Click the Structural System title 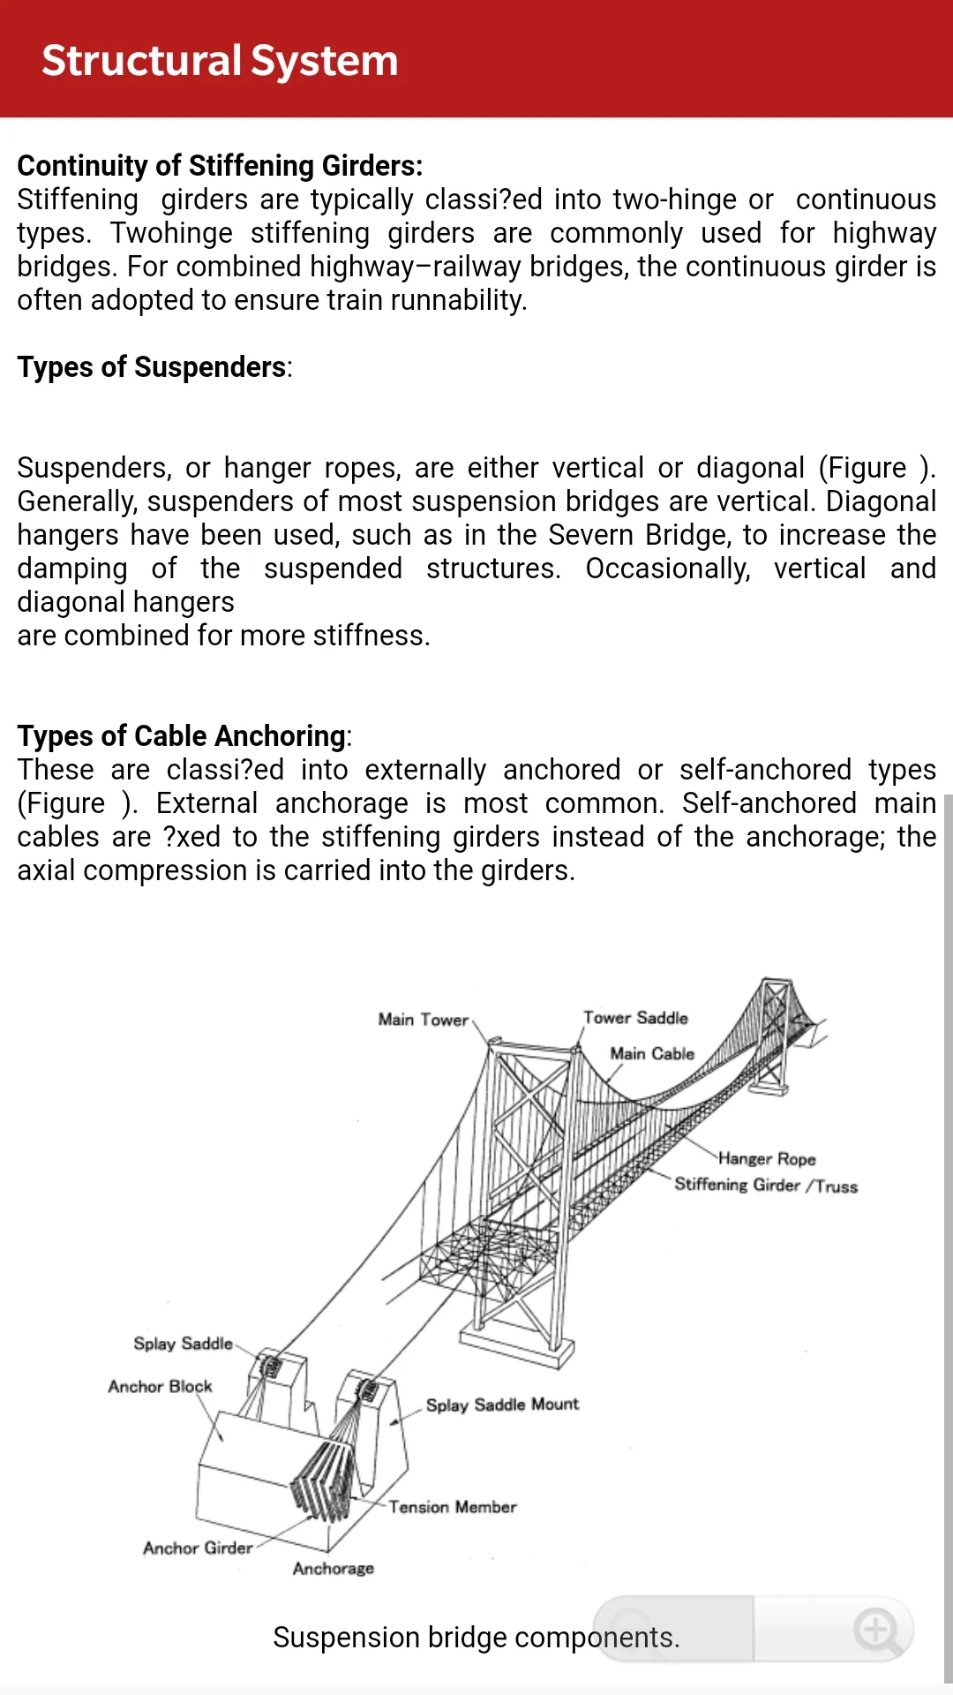(x=220, y=61)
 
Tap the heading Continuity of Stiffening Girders (x=220, y=166)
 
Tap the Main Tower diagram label (x=424, y=1020)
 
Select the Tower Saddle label (x=635, y=1018)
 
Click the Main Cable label (x=652, y=1053)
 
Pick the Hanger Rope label (x=767, y=1158)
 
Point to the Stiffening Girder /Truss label (x=766, y=1186)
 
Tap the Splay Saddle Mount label (x=502, y=1405)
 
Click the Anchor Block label (x=160, y=1386)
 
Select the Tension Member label (x=453, y=1507)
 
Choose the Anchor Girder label (x=198, y=1548)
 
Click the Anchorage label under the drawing (x=334, y=1569)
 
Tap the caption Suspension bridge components (x=476, y=1638)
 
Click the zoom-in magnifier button (x=877, y=1630)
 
